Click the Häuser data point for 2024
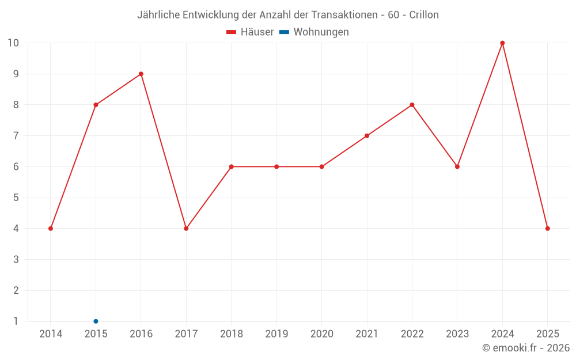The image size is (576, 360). coord(502,43)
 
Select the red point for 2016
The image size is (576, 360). coord(141,74)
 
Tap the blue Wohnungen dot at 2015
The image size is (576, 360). coord(96,321)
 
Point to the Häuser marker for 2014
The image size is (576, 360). coord(51,229)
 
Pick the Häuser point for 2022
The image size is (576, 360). coord(412,105)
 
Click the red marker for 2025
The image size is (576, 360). coord(547,229)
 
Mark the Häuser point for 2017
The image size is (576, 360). coord(186,229)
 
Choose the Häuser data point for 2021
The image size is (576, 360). coord(367,136)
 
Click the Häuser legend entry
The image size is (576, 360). coord(250,32)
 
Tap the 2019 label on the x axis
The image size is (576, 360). coord(276,334)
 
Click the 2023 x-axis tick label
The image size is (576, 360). coord(457,334)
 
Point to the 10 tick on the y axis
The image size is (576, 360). coord(13,43)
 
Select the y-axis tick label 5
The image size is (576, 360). coord(16,198)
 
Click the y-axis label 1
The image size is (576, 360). coord(16,321)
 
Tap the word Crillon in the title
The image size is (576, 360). coord(424,15)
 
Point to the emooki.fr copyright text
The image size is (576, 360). coord(526,348)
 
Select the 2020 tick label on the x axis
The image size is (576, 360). coord(321,334)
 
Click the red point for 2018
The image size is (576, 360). coord(231,166)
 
